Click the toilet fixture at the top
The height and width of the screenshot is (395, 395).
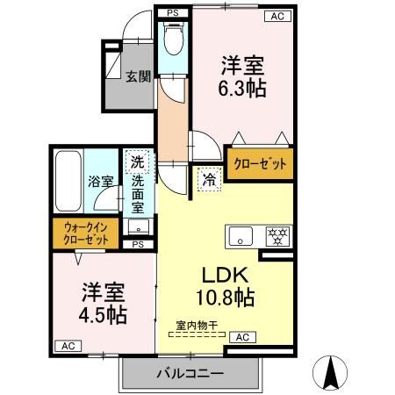pyautogui.click(x=172, y=39)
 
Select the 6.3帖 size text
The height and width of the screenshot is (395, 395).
pyautogui.click(x=243, y=88)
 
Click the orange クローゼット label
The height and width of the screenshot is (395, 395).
pyautogui.click(x=259, y=163)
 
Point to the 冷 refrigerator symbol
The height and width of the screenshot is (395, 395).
pyautogui.click(x=210, y=176)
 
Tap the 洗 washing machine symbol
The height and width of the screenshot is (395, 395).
pyautogui.click(x=138, y=162)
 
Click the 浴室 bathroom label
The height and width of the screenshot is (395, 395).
pyautogui.click(x=100, y=182)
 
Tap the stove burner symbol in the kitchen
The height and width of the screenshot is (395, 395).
pyautogui.click(x=277, y=235)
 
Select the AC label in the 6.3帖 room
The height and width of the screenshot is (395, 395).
pyautogui.click(x=277, y=16)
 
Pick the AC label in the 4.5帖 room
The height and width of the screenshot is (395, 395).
pyautogui.click(x=67, y=346)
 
